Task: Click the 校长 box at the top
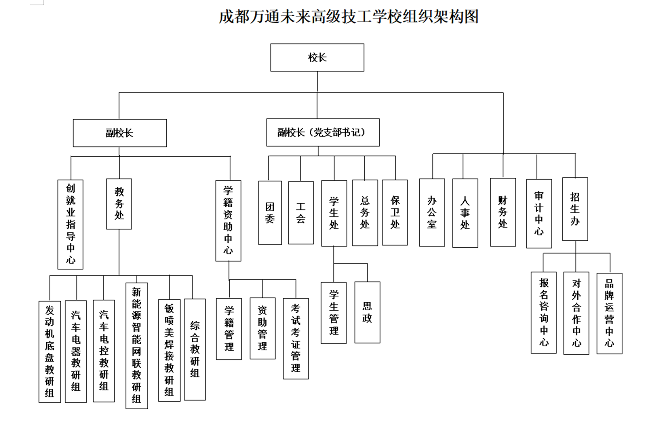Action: point(317,58)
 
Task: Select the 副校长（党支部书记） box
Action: point(323,132)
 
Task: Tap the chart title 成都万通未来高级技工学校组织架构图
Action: point(348,17)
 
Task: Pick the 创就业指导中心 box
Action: point(70,224)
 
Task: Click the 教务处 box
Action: point(119,204)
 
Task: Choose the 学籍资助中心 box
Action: point(228,221)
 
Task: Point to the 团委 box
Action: point(270,213)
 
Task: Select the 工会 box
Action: point(301,213)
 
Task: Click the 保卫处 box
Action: point(395,213)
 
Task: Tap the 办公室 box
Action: point(432,213)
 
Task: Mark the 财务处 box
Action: point(503,212)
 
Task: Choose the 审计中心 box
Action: point(539,214)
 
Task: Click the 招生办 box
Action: point(575,209)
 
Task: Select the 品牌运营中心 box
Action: point(609,313)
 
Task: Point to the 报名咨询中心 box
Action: point(543,312)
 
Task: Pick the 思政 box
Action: point(367,312)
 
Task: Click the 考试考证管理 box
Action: point(296,339)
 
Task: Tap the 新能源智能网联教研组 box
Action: point(137,346)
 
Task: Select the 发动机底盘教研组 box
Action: point(50,352)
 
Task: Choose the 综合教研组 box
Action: point(195,349)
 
